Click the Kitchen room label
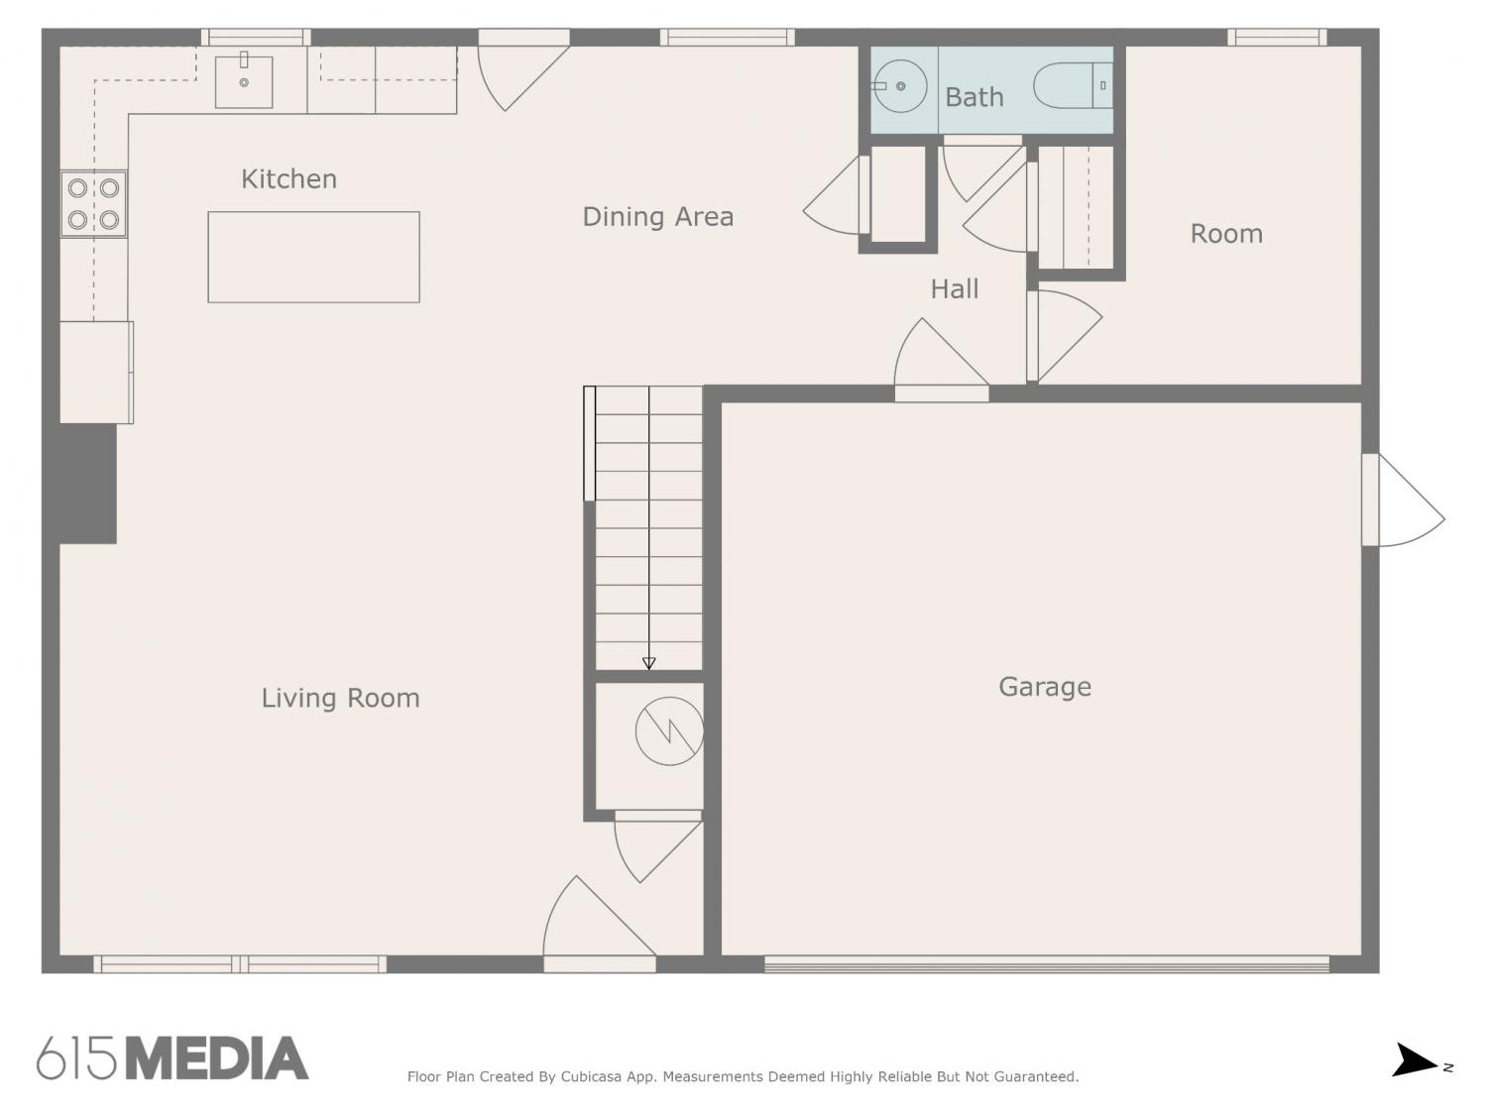pyautogui.click(x=288, y=179)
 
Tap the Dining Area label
pyautogui.click(x=658, y=217)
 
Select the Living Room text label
pyautogui.click(x=341, y=698)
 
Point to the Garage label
pyautogui.click(x=1045, y=687)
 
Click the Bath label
pyautogui.click(x=974, y=97)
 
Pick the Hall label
pyautogui.click(x=954, y=289)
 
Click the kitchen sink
pyautogui.click(x=244, y=82)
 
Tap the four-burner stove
pyautogui.click(x=93, y=204)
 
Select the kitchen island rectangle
pyautogui.click(x=313, y=258)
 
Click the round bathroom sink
pyautogui.click(x=900, y=86)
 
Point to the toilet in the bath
pyautogui.click(x=1073, y=85)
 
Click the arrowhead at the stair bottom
pyautogui.click(x=648, y=663)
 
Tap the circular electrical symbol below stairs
pyautogui.click(x=669, y=731)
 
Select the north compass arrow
pyautogui.click(x=1415, y=1059)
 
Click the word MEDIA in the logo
pyautogui.click(x=218, y=1059)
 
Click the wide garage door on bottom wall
pyautogui.click(x=1047, y=964)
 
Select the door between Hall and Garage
pyautogui.click(x=942, y=361)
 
